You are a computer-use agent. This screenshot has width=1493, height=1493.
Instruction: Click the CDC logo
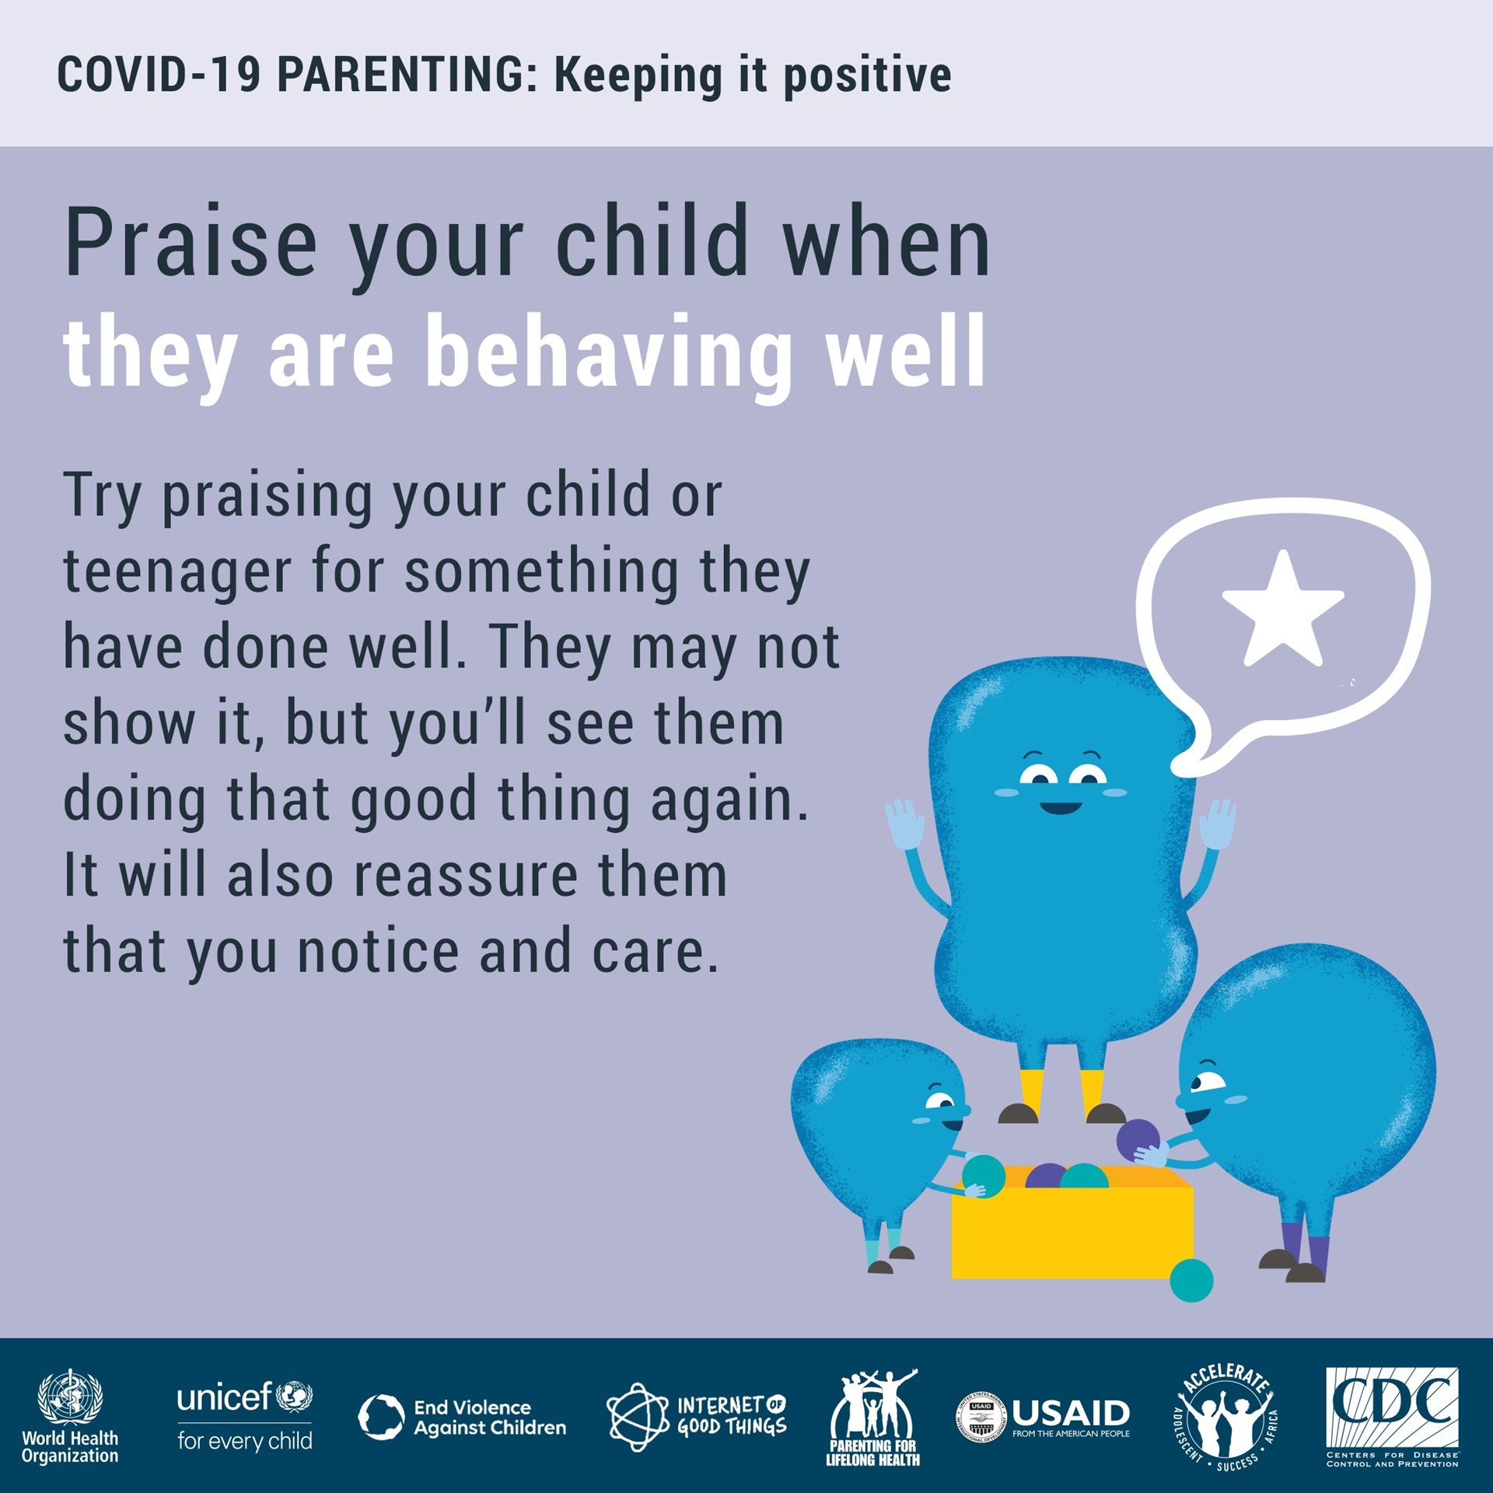[1392, 1418]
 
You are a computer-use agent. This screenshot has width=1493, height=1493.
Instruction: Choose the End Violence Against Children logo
[463, 1417]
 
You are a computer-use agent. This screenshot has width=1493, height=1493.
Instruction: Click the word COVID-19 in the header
[159, 75]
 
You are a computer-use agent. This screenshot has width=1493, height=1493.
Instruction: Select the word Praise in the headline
[191, 243]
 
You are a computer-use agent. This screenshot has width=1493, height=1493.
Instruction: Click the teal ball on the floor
[1191, 1280]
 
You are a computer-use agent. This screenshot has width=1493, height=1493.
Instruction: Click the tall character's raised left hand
[904, 826]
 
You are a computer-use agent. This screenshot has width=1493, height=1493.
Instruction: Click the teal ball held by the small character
[983, 1175]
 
